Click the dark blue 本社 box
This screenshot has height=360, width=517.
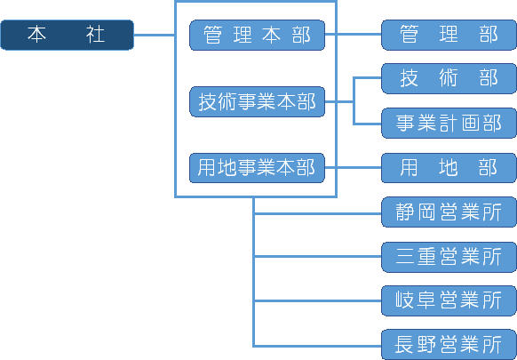(67, 35)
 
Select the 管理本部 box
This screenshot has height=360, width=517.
(257, 35)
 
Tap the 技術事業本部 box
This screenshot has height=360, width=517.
(257, 101)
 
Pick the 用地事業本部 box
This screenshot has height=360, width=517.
(257, 168)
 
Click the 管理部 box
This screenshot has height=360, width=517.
(449, 35)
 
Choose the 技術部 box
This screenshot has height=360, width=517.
(449, 78)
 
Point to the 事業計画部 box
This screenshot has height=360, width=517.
(449, 123)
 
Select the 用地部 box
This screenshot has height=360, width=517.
(449, 168)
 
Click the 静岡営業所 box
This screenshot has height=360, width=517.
(449, 212)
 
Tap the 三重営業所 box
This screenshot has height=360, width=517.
(449, 257)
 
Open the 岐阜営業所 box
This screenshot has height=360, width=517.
(449, 300)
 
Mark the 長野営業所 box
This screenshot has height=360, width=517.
(449, 345)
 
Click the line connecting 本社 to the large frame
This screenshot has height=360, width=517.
(154, 35)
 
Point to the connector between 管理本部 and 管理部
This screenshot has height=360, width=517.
(353, 34)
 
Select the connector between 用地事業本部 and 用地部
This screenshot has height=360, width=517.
(353, 168)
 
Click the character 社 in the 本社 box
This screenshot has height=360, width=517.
(95, 35)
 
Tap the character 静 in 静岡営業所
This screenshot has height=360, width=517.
(404, 212)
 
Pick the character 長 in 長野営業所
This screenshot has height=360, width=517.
(404, 345)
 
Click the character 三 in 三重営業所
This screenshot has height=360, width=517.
(404, 257)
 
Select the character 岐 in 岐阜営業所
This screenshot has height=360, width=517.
(404, 300)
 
